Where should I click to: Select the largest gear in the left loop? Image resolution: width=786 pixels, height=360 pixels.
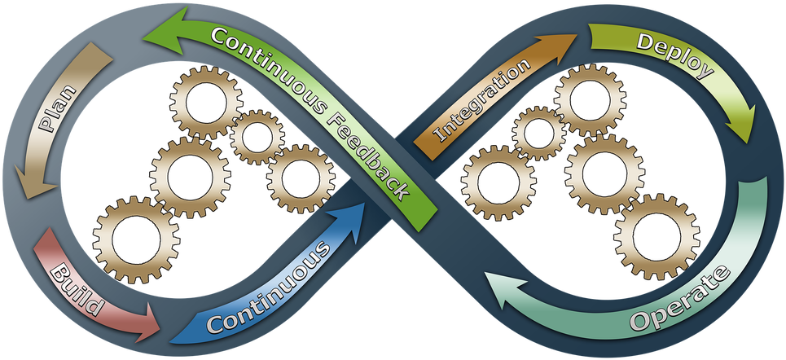point(135,241)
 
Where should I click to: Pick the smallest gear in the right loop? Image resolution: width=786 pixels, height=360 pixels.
point(539,134)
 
